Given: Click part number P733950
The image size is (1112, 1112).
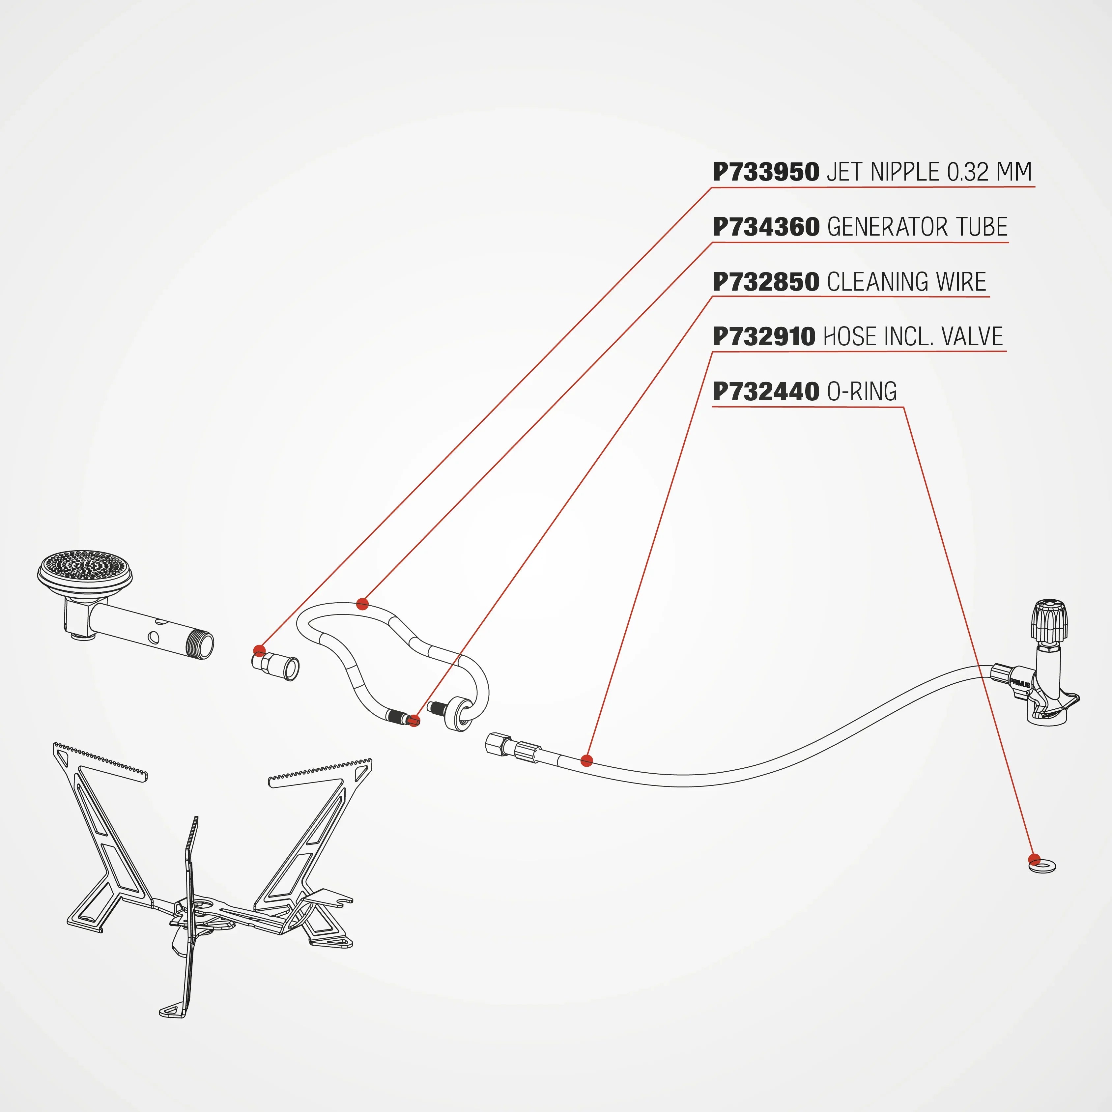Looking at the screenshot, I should (765, 172).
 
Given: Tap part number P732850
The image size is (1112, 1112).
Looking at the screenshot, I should (765, 282).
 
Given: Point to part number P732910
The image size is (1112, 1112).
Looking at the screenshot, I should (764, 337).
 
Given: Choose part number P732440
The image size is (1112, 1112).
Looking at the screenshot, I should (765, 392).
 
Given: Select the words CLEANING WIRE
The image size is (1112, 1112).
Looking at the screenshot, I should (906, 282).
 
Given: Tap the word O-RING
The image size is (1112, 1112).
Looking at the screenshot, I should (862, 392).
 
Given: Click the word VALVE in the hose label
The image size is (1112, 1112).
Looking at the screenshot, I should (972, 337).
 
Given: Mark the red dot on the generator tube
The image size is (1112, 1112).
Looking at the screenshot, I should (362, 604).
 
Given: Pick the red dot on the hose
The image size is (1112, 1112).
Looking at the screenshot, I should (586, 761).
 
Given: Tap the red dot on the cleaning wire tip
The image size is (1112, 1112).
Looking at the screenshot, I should (414, 720).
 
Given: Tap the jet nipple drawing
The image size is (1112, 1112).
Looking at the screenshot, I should (276, 665).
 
